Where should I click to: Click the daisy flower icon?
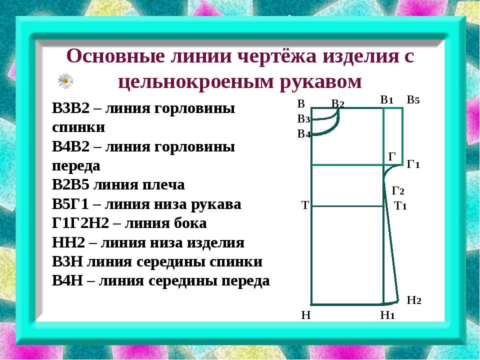click(x=65, y=81)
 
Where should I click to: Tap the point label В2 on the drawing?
click(x=338, y=104)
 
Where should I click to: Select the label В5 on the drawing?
click(x=413, y=100)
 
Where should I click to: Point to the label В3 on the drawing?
click(x=303, y=119)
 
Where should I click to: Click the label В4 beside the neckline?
click(x=304, y=134)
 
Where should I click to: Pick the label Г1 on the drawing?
click(x=413, y=164)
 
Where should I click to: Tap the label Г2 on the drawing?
click(x=398, y=190)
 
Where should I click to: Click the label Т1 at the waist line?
click(x=400, y=205)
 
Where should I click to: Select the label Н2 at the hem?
click(x=414, y=300)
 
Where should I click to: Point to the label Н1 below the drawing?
click(x=387, y=315)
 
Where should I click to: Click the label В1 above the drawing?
click(x=387, y=100)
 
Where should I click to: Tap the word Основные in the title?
click(x=115, y=56)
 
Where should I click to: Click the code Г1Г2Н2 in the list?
click(x=80, y=223)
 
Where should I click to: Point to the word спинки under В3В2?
click(x=78, y=127)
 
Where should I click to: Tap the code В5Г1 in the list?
click(x=70, y=204)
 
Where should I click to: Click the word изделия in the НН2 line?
click(x=216, y=243)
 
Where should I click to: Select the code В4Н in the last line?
click(x=67, y=280)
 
